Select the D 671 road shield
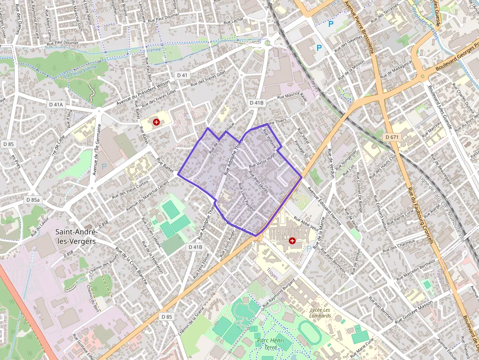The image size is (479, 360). tap(392, 137)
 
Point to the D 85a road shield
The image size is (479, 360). tap(33, 200)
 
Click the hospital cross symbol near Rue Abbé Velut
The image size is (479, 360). tap(292, 240)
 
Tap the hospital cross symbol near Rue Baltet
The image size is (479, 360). tap(156, 122)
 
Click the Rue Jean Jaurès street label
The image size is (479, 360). tap(259, 180)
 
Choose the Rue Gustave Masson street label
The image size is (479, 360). tap(414, 312)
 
